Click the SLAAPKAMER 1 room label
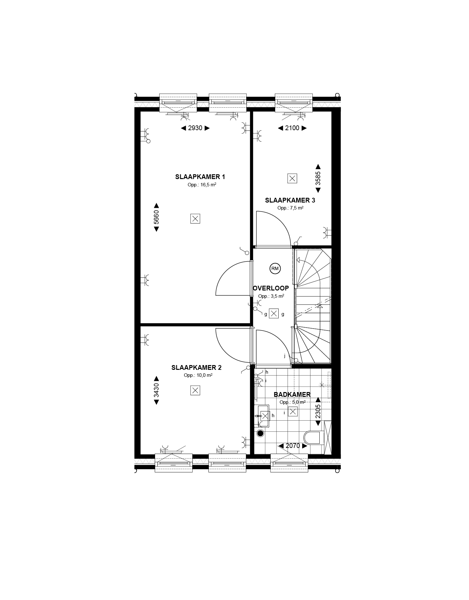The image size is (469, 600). click(x=200, y=177)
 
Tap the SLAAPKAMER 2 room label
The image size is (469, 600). click(x=196, y=368)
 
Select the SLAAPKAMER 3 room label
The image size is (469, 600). click(x=290, y=200)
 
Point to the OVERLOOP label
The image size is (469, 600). click(x=271, y=288)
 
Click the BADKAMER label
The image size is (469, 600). click(x=292, y=395)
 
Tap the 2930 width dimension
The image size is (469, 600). click(x=195, y=128)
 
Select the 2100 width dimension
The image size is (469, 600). click(x=292, y=128)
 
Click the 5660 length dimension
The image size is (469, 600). click(x=156, y=217)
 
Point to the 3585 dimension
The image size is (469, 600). click(x=318, y=178)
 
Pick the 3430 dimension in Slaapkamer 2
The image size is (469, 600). click(x=156, y=390)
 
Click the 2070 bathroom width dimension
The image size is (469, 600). click(x=293, y=446)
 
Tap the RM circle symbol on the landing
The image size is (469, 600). click(x=275, y=269)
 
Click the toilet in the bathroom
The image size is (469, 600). click(x=313, y=437)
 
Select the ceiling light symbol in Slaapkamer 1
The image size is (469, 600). click(x=195, y=218)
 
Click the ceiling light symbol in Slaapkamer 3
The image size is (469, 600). click(x=292, y=178)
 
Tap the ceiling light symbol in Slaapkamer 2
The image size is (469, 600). click(x=195, y=390)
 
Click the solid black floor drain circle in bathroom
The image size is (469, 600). click(x=261, y=433)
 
